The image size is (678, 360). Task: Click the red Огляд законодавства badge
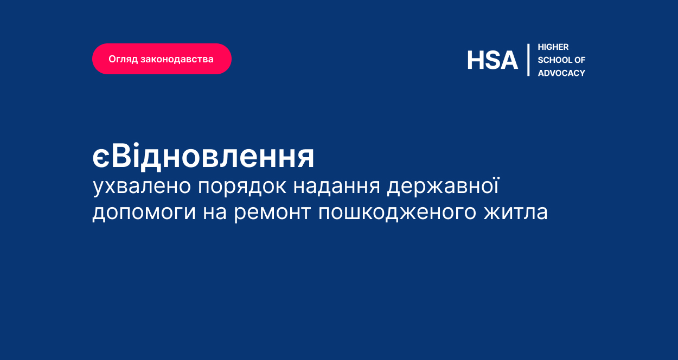[x=162, y=59]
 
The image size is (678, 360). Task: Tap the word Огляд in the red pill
[x=123, y=59]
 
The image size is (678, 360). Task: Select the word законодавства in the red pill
[x=177, y=59]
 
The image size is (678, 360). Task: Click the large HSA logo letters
[x=492, y=60]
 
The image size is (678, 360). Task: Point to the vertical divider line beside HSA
[x=528, y=60]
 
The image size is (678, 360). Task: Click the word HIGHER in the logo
[x=553, y=47]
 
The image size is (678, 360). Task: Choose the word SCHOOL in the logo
[x=554, y=60]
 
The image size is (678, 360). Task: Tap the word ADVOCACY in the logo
[x=561, y=73]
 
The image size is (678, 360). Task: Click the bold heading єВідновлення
[x=203, y=156]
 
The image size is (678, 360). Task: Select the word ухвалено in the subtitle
[x=142, y=187]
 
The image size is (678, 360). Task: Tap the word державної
[x=443, y=186]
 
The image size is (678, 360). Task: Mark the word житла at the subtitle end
[x=516, y=212]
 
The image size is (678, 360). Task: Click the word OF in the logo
[x=580, y=60]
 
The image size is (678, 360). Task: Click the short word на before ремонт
[x=215, y=213]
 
